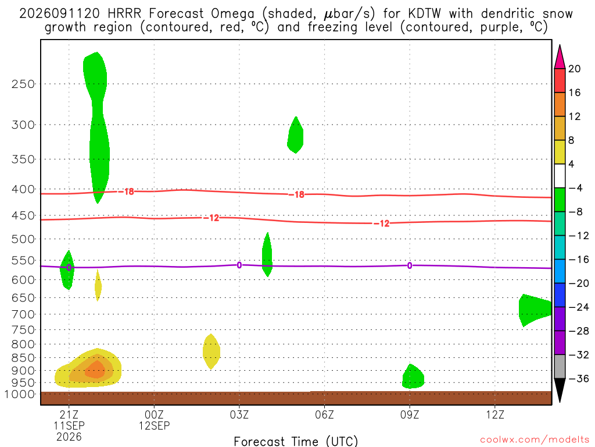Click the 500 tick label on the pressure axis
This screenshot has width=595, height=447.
click(x=23, y=239)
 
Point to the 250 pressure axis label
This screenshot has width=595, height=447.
click(x=23, y=84)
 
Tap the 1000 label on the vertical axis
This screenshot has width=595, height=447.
click(x=20, y=394)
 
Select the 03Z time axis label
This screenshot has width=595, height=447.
click(x=239, y=414)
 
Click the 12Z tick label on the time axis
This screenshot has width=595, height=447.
click(x=495, y=414)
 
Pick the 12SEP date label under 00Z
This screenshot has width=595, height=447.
click(x=154, y=425)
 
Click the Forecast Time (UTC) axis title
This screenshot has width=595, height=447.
click(x=296, y=441)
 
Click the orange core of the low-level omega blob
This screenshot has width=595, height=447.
click(x=95, y=370)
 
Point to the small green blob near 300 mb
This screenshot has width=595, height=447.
click(x=295, y=135)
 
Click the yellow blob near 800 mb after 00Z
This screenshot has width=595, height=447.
click(x=212, y=352)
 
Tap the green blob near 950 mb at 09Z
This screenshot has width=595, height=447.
click(x=413, y=377)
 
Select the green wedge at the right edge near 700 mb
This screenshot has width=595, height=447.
click(x=535, y=310)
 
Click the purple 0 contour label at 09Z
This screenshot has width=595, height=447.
click(x=410, y=265)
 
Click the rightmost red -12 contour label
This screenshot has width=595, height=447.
click(x=382, y=223)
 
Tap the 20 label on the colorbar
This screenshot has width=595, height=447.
click(x=575, y=69)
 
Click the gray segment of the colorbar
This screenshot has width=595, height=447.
click(x=560, y=367)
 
